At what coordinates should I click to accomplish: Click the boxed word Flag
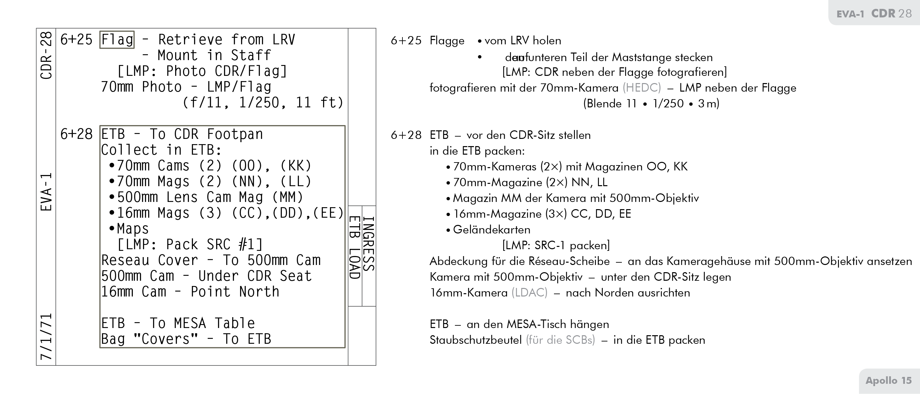[x=117, y=40]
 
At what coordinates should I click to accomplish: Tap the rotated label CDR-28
[x=47, y=55]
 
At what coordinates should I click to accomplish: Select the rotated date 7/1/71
[x=47, y=337]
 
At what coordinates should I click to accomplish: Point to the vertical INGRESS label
[x=369, y=244]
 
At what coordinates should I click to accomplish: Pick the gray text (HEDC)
[x=642, y=88]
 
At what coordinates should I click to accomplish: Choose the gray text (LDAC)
[x=529, y=293]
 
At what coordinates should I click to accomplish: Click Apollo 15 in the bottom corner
[x=888, y=381]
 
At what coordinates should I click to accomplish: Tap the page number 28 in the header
[x=905, y=13]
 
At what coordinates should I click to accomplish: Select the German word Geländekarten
[x=491, y=230]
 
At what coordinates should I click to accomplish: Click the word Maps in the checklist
[x=133, y=229]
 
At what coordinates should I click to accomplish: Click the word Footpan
[x=235, y=134]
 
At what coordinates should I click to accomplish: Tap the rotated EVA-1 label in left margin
[x=47, y=192]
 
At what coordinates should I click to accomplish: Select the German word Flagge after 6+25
[x=447, y=41]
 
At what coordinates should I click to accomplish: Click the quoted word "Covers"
[x=165, y=339]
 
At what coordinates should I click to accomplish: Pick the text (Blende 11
[x=610, y=104]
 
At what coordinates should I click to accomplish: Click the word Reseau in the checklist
[x=125, y=260]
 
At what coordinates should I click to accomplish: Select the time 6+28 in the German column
[x=406, y=135]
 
